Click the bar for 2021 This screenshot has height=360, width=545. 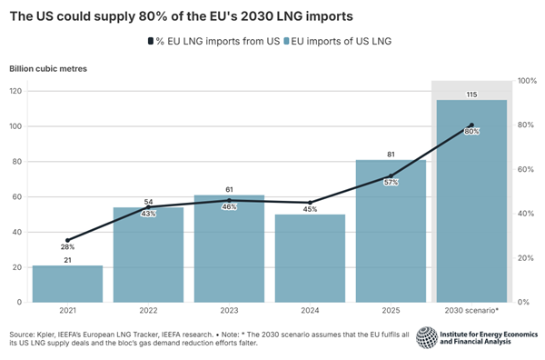[x=67, y=284]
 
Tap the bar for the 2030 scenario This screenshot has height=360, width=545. [x=471, y=209]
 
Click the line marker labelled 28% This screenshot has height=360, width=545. [x=67, y=240]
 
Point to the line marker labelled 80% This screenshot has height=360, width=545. [x=471, y=125]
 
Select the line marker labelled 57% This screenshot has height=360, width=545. [x=391, y=175]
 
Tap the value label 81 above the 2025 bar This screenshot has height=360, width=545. [x=391, y=153]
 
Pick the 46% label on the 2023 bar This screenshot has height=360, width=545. [x=229, y=208]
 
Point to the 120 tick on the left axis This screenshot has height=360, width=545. [x=15, y=91]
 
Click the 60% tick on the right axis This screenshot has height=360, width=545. [x=524, y=169]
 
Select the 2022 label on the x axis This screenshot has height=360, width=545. [x=148, y=311]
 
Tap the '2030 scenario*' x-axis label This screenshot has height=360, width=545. [x=471, y=311]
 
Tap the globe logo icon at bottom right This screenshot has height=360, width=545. [x=426, y=337]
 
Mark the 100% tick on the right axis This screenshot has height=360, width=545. [x=526, y=81]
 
